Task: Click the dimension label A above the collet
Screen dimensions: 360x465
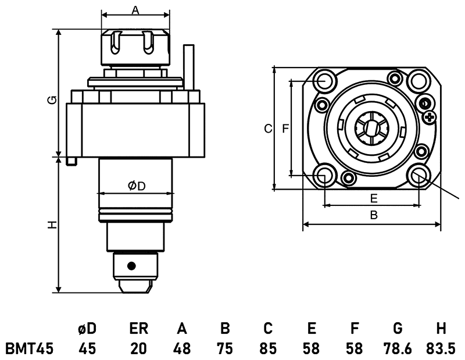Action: pos(135,10)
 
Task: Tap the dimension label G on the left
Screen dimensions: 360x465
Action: pos(52,100)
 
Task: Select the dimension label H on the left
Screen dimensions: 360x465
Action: pos(52,224)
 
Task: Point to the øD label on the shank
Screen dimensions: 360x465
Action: pos(136,186)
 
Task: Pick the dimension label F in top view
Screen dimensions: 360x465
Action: pos(285,129)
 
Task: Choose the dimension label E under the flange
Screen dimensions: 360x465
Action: pos(374,198)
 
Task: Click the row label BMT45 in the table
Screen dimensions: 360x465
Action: pos(30,348)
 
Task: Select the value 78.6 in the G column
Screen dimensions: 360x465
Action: pos(398,348)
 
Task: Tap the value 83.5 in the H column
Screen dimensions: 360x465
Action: pos(441,348)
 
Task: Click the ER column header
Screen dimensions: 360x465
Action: pos(138,329)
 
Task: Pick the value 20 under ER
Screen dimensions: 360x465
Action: pos(138,348)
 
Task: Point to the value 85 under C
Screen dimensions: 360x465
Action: pos(267,348)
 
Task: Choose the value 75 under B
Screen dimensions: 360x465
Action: pos(224,348)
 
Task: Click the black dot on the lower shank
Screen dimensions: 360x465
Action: pos(132,266)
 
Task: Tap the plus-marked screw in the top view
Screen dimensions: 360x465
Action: pos(430,119)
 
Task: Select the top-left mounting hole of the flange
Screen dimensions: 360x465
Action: pos(324,81)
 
